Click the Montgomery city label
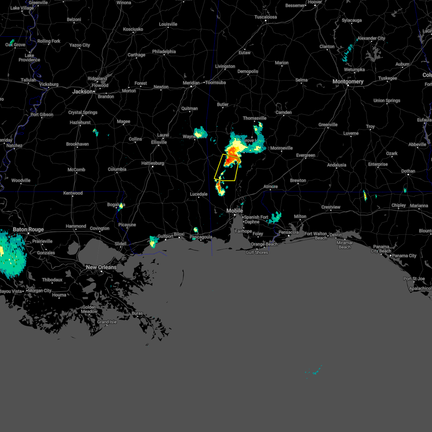348,82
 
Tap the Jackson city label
82,91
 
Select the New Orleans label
101,267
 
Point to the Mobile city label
235,211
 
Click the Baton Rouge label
28,229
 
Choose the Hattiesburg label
153,163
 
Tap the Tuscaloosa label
266,17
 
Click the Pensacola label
289,232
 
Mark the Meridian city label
191,83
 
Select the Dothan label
408,171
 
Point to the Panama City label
404,256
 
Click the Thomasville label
255,118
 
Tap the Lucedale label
199,194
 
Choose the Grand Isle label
107,322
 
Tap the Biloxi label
179,234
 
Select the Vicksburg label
49,84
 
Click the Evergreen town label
306,155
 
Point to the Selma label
301,80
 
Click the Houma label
59,295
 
